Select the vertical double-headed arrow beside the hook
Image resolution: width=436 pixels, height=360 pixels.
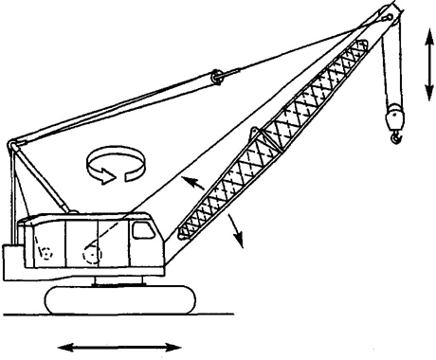[429, 63]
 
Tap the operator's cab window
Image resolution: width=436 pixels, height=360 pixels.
[143, 230]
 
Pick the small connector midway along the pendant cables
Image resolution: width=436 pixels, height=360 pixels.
[218, 73]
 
